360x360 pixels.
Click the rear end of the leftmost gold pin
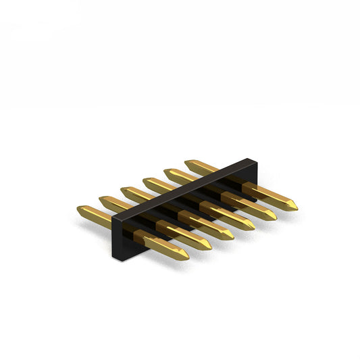coord(80,210)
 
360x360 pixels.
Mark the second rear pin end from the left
coord(101,200)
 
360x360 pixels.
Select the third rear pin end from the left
coord(124,190)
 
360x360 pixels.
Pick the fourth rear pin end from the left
coord(145,181)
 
